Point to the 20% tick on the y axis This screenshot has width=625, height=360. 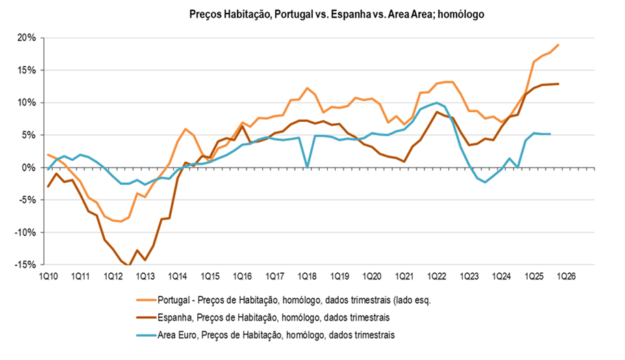(27, 38)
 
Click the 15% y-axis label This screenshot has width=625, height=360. (27, 70)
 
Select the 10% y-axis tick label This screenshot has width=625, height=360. (27, 103)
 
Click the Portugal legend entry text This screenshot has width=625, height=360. (295, 299)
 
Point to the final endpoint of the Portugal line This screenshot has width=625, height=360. (559, 45)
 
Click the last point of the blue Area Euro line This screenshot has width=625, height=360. (550, 134)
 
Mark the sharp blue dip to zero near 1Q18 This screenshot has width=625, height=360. (307, 166)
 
